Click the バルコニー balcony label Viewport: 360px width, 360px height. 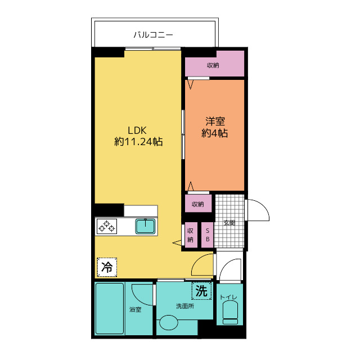pyautogui.click(x=153, y=35)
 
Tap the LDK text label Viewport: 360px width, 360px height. pyautogui.click(x=137, y=130)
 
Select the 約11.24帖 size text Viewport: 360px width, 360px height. pyautogui.click(x=138, y=142)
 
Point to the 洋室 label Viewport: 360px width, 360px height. pyautogui.click(x=215, y=121)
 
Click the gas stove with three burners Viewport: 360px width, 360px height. pyautogui.click(x=107, y=226)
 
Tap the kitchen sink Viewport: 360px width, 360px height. pyautogui.click(x=145, y=226)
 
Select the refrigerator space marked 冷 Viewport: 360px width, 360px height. pyautogui.click(x=107, y=267)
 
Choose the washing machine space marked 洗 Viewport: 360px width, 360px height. pyautogui.click(x=201, y=291)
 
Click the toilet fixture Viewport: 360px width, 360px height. pyautogui.click(x=230, y=313)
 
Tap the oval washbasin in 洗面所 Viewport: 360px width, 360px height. pyautogui.click(x=169, y=322)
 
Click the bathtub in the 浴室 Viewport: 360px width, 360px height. pyautogui.click(x=110, y=308)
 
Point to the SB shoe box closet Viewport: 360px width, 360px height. pyautogui.click(x=208, y=235)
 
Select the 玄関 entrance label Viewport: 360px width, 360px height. pyautogui.click(x=229, y=223)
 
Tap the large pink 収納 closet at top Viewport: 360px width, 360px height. pyautogui.click(x=214, y=64)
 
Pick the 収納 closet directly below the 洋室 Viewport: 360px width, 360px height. pyautogui.click(x=198, y=204)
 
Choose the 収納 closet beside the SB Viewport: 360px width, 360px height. pyautogui.click(x=191, y=235)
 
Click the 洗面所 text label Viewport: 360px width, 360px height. pyautogui.click(x=185, y=306)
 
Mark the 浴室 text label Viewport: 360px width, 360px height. pyautogui.click(x=135, y=309)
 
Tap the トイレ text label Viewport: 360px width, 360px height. pyautogui.click(x=228, y=297)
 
